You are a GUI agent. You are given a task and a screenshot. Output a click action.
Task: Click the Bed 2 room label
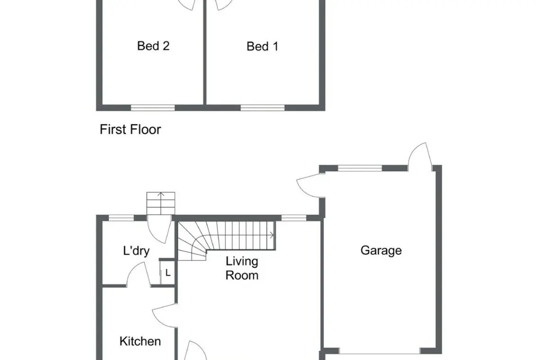coord(153,46)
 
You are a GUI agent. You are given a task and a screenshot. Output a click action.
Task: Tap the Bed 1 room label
coord(262,46)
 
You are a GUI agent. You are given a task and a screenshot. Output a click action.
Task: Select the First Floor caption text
coord(130,129)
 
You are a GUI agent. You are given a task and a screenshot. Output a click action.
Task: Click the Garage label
coord(381,251)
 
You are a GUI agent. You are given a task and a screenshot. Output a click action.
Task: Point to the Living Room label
coord(242,268)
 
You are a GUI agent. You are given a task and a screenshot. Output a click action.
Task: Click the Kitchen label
coord(140,342)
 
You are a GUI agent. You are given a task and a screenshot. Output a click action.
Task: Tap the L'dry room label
coord(136,251)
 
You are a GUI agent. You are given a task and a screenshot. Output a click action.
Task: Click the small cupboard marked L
coord(168,272)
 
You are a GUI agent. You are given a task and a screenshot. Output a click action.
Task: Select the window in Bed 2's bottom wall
coord(153,108)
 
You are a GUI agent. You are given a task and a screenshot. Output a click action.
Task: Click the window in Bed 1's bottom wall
coord(262,108)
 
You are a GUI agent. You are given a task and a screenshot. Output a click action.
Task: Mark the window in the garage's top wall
coord(360,168)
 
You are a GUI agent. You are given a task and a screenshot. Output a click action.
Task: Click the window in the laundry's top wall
coord(121,218)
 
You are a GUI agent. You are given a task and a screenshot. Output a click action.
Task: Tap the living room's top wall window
coord(294,218)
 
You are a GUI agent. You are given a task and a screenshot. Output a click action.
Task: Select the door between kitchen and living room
coord(165,315)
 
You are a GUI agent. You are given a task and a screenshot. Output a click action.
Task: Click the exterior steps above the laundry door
coord(161,203)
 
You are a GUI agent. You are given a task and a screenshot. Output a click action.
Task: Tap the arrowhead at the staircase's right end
coord(272,235)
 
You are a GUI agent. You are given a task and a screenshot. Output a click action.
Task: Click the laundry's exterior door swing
coord(159,229)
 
